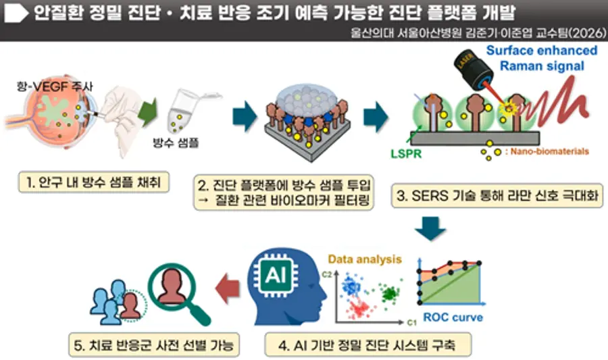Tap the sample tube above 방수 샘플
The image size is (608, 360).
[x=182, y=111]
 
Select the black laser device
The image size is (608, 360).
[x=473, y=70]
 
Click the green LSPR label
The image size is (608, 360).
[x=406, y=154]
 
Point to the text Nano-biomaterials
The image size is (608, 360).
[x=549, y=151]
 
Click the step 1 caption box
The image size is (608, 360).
[x=94, y=182]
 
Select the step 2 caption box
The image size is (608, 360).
[x=284, y=192]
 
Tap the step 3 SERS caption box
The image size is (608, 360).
[x=497, y=196]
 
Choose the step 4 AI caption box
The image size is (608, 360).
[x=368, y=344]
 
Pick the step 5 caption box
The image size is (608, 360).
[x=154, y=344]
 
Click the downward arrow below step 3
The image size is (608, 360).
[x=430, y=228]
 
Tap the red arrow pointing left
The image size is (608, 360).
[x=228, y=288]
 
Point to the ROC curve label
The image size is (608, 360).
[x=453, y=317]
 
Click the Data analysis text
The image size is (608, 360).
[x=365, y=259]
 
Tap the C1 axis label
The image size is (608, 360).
[x=412, y=322]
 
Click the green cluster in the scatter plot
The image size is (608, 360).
[x=389, y=293]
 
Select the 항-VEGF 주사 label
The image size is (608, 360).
[x=55, y=86]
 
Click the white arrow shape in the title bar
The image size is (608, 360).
[x=16, y=13]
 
